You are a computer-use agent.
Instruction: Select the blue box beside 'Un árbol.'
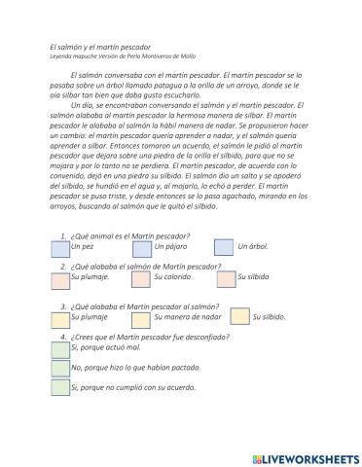(225, 247)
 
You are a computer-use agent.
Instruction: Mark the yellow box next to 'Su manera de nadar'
(141, 318)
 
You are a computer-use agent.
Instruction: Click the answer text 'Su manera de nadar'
(189, 316)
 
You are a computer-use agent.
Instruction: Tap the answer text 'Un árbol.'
(254, 246)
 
